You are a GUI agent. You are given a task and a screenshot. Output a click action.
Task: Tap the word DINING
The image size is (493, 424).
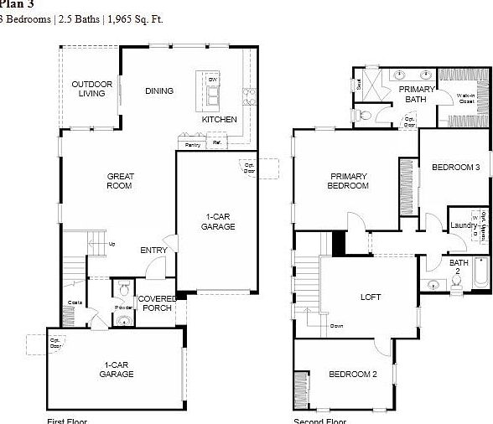pyautogui.click(x=158, y=91)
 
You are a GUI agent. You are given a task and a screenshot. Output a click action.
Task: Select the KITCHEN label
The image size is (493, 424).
pyautogui.click(x=219, y=120)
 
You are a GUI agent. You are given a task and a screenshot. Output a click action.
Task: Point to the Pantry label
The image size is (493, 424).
pyautogui.click(x=192, y=145)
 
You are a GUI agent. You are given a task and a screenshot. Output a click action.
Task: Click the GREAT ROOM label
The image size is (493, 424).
pyautogui.click(x=120, y=181)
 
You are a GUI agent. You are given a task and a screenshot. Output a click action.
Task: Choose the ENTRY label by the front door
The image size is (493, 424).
pyautogui.click(x=153, y=250)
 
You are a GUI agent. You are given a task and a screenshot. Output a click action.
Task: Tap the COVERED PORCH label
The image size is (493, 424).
pyautogui.click(x=157, y=303)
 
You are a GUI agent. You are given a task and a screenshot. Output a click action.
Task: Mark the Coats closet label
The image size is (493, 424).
pyautogui.click(x=75, y=302)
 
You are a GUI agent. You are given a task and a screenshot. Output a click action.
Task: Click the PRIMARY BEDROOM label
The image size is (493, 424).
pyautogui.click(x=349, y=181)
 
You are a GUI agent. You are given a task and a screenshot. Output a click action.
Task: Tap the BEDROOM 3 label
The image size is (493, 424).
pyautogui.click(x=455, y=168)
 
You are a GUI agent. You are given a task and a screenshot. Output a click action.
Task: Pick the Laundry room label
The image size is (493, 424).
pyautogui.click(x=463, y=225)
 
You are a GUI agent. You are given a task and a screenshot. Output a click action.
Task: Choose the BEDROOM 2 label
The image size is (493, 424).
pyautogui.click(x=352, y=374)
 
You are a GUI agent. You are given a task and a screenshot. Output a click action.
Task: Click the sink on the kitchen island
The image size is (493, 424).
pyautogui.click(x=213, y=94)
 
